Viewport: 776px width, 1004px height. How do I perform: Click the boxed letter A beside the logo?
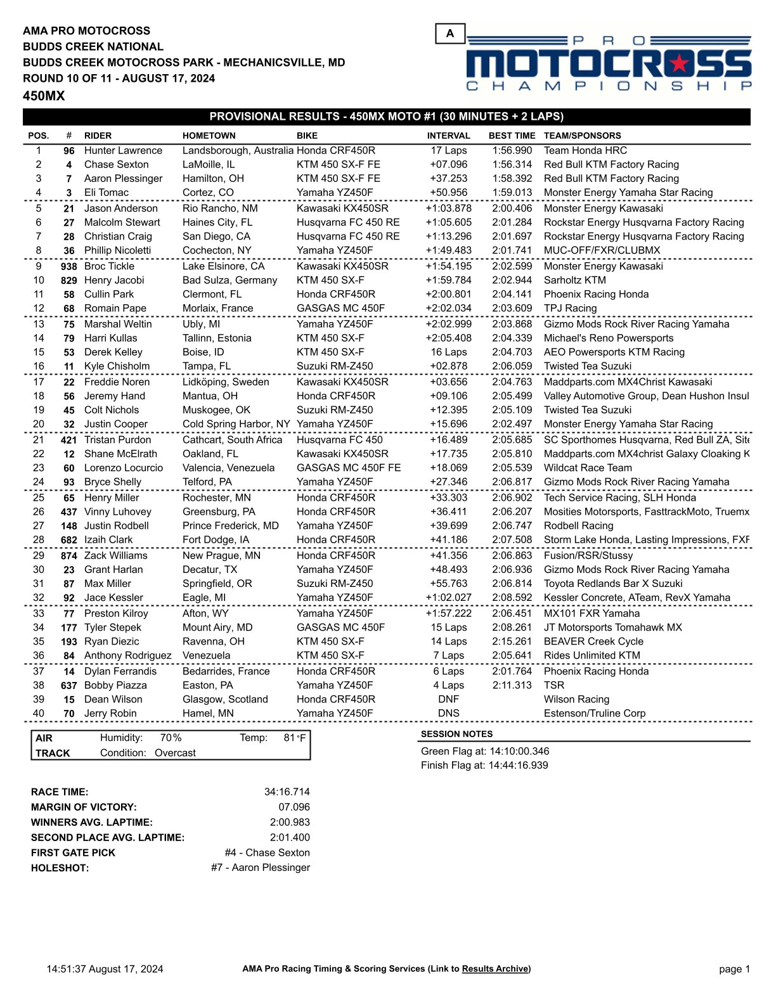click(450, 34)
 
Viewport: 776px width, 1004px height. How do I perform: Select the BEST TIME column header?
click(512, 136)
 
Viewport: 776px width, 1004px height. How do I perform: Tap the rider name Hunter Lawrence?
click(123, 151)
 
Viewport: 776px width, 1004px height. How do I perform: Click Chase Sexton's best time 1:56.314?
click(512, 165)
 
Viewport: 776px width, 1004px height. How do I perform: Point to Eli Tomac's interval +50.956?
click(448, 193)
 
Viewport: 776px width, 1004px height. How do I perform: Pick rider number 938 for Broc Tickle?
click(68, 267)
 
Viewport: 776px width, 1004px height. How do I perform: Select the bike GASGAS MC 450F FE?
click(349, 468)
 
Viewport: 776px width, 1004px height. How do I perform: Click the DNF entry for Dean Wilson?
click(448, 699)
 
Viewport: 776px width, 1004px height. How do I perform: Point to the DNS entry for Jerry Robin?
click(448, 713)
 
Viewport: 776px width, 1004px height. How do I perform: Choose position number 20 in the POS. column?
click(39, 424)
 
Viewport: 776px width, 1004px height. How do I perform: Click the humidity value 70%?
click(171, 738)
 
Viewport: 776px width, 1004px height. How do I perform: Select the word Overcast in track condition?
click(175, 753)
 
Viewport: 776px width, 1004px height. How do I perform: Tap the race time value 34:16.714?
click(287, 792)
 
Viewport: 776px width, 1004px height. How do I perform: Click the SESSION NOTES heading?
click(456, 734)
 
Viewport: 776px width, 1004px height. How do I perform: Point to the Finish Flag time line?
click(484, 765)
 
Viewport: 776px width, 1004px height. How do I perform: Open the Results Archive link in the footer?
click(495, 969)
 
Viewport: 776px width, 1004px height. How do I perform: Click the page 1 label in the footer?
click(734, 969)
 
